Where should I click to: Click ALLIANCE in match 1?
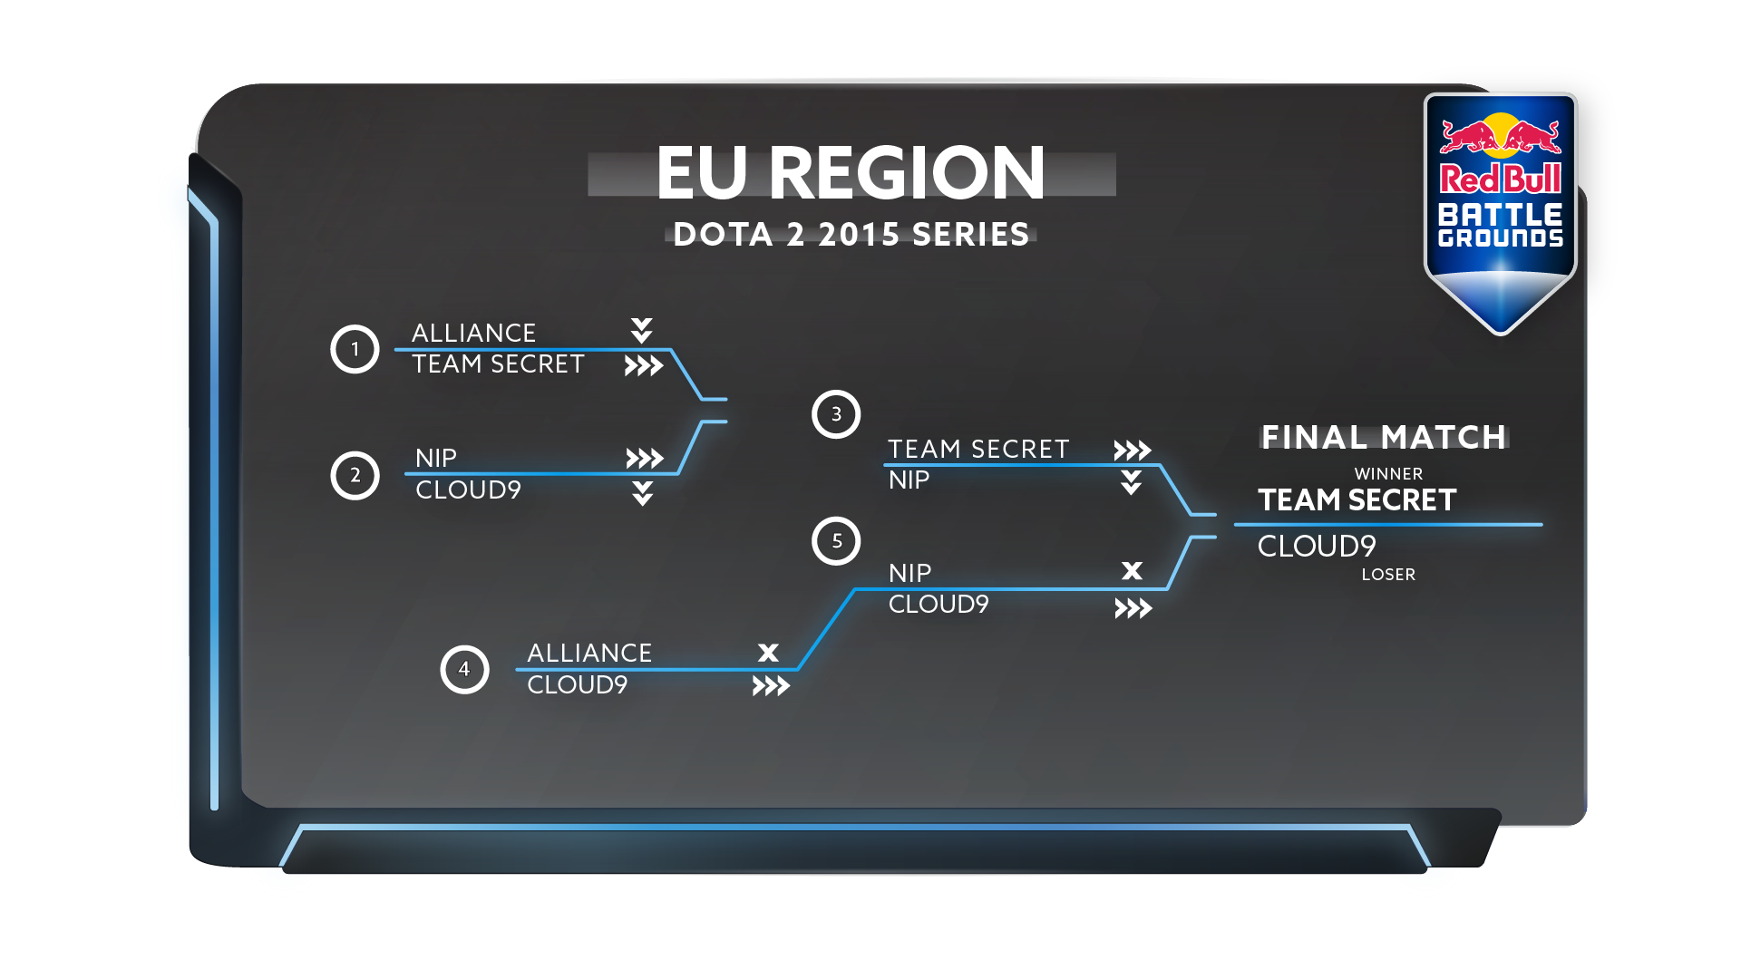pos(473,333)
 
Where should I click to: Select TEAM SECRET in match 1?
pos(498,363)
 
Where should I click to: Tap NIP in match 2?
pos(435,458)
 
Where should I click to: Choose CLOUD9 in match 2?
pos(468,489)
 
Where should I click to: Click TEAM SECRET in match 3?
pos(978,449)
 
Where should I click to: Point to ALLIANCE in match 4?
pos(589,653)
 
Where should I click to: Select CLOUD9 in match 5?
pos(939,604)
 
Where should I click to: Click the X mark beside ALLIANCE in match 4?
pos(768,653)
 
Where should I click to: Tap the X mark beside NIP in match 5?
pos(1132,570)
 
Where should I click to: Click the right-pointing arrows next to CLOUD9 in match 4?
pos(771,686)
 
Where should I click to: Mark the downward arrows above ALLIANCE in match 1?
pos(642,331)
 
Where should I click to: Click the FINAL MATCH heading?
pos(1384,437)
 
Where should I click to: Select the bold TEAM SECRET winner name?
pos(1357,499)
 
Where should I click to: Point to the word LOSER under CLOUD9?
pos(1388,574)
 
